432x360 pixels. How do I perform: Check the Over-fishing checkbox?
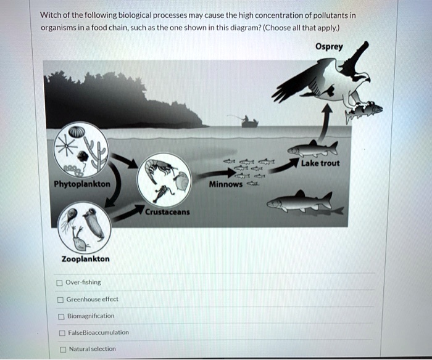[59, 283]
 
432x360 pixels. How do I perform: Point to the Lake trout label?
[320, 163]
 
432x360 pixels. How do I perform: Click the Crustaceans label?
[167, 212]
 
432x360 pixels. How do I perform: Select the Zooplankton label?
[85, 259]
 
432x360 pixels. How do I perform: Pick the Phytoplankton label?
[82, 184]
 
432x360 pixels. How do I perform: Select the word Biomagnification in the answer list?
[90, 316]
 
